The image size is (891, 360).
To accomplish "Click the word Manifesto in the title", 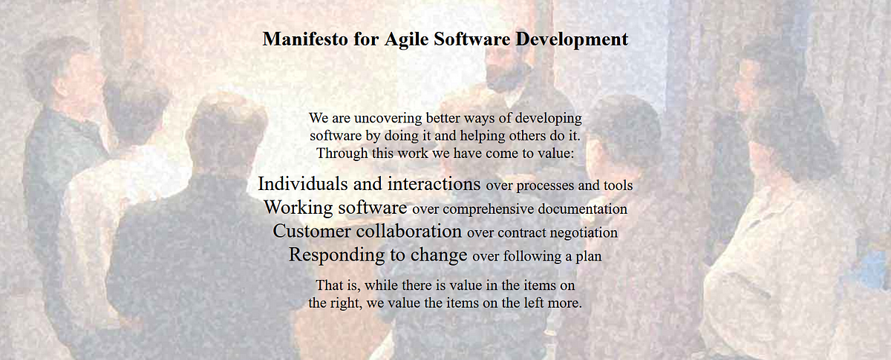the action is [x=305, y=39].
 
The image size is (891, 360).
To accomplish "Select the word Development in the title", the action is [x=572, y=40].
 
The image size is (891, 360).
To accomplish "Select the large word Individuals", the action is [x=303, y=184].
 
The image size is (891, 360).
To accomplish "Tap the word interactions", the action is [x=434, y=184].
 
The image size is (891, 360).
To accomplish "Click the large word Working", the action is [x=298, y=208].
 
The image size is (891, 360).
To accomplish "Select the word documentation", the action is [x=582, y=209].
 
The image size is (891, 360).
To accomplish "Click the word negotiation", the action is [x=583, y=233].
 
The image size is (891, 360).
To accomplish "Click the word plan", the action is [x=589, y=257].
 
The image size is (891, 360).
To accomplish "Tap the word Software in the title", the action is [x=471, y=39].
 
